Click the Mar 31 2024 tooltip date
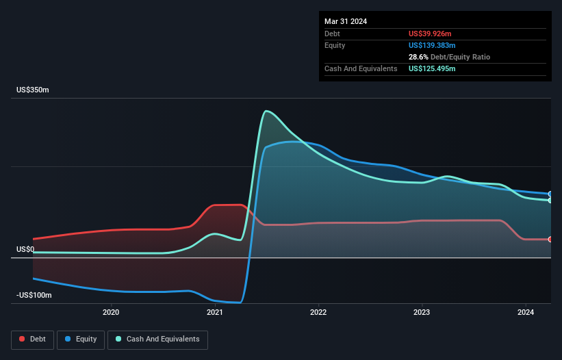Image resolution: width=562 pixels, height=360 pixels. (x=346, y=21)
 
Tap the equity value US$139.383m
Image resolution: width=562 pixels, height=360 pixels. (x=432, y=45)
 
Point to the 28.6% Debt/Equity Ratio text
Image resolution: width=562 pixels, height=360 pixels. (x=449, y=57)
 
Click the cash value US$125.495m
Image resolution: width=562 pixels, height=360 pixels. (x=432, y=68)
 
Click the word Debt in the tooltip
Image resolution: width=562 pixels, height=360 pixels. (x=332, y=34)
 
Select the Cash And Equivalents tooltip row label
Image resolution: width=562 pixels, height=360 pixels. (x=361, y=68)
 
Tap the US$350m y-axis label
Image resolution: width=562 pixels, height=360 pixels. (x=34, y=90)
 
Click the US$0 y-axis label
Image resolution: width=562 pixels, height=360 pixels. (x=25, y=249)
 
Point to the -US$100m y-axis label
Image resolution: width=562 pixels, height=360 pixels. (x=35, y=295)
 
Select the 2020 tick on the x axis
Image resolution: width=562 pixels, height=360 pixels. (x=111, y=313)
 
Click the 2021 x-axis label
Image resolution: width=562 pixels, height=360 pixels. (x=215, y=313)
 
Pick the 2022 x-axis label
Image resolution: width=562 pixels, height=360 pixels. (x=318, y=313)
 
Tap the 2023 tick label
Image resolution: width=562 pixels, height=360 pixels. (x=422, y=313)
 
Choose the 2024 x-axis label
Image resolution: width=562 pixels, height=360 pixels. (x=526, y=313)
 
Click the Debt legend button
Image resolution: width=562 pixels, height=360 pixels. (x=32, y=339)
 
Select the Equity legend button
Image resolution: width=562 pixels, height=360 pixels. (x=81, y=339)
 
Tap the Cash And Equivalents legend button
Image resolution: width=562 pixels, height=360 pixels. (x=157, y=339)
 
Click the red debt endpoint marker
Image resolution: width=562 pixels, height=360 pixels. (x=550, y=240)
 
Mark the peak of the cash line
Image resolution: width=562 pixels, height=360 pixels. (x=266, y=111)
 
